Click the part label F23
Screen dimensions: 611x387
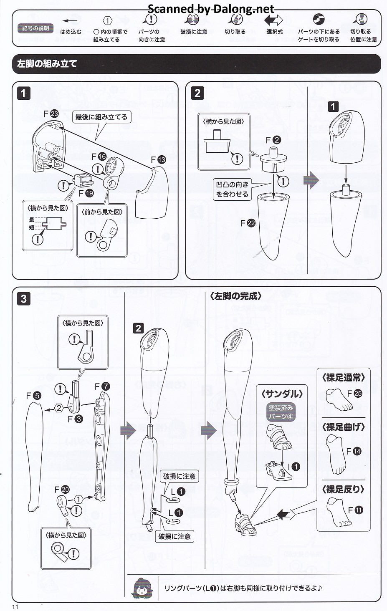point(51,114)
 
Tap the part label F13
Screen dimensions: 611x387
point(158,159)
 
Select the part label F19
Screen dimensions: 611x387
point(86,193)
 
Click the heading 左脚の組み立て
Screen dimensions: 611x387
point(47,64)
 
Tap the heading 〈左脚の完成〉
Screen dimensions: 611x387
point(235,296)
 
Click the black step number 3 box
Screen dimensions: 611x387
point(23,299)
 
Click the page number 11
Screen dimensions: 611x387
point(15,607)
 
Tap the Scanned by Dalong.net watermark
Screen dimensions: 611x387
point(211,9)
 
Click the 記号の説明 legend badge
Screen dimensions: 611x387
point(35,28)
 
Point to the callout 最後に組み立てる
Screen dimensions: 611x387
point(101,117)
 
